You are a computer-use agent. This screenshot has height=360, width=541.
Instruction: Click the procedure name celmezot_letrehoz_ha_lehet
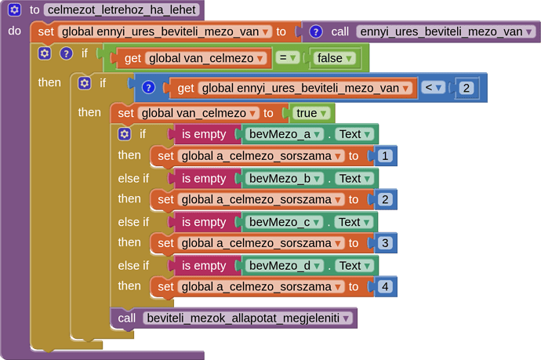point(122,10)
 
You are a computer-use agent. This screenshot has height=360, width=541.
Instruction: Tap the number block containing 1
point(384,156)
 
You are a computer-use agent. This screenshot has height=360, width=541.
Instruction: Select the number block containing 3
point(384,243)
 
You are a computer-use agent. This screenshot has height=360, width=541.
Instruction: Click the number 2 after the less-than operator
point(466,88)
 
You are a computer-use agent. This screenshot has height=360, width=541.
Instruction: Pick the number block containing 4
point(384,287)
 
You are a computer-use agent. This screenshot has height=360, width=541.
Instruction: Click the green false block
point(334,58)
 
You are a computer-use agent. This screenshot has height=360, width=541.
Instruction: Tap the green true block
point(311,113)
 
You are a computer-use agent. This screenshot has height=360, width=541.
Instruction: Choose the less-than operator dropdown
point(434,88)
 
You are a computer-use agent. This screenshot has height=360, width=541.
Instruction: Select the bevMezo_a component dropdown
point(284,134)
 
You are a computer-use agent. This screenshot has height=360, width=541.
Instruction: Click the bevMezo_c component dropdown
point(284,222)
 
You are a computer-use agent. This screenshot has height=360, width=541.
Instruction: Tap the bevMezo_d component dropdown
point(284,266)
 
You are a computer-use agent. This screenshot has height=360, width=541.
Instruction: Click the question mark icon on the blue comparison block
point(149,88)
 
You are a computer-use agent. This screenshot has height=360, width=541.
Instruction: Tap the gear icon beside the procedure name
point(14,10)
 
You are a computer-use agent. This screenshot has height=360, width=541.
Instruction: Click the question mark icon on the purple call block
point(315,32)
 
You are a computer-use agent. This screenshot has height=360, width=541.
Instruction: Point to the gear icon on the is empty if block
point(124,134)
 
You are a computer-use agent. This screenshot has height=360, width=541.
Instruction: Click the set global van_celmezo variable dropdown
point(199,113)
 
